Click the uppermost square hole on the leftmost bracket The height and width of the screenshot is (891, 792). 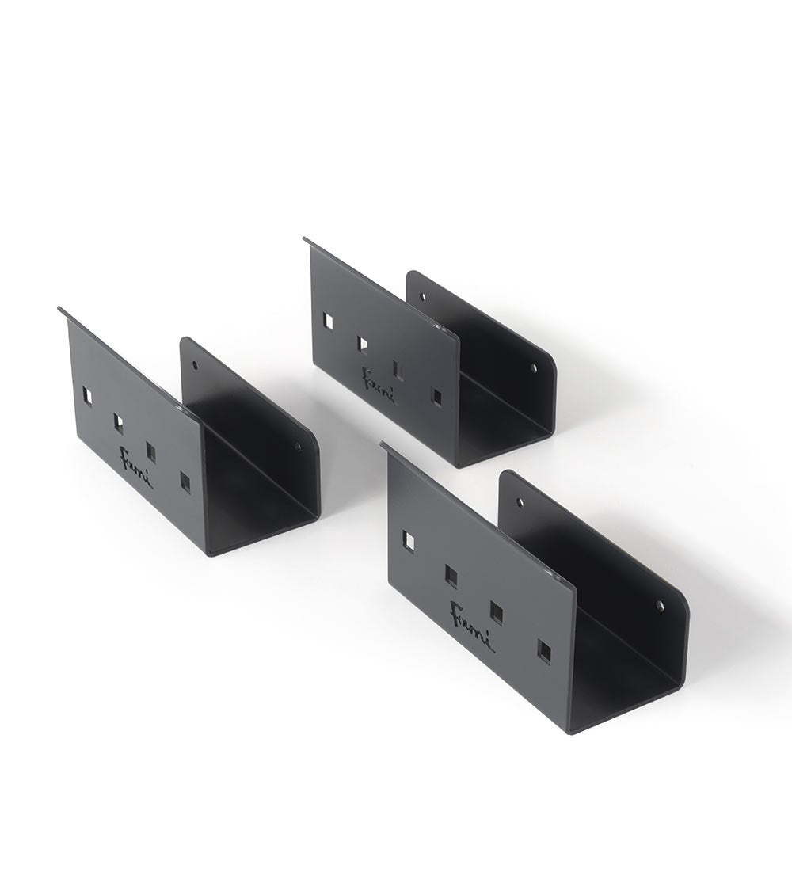click(88, 397)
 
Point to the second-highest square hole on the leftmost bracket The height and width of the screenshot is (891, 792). click(118, 424)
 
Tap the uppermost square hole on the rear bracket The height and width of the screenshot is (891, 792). click(327, 321)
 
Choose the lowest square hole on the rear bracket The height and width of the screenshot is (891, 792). click(435, 395)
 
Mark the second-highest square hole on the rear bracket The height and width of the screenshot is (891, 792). click(362, 345)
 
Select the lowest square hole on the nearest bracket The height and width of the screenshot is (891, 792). click(544, 651)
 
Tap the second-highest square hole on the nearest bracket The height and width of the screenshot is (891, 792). click(451, 577)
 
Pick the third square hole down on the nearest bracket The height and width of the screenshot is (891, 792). click(497, 612)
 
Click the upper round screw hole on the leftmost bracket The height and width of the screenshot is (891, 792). click(195, 367)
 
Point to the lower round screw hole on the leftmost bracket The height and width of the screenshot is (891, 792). click(298, 447)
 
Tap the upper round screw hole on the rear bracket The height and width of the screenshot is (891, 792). click(422, 297)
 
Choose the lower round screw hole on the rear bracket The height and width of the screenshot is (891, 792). click(533, 368)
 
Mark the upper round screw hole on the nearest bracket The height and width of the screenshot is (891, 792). click(520, 502)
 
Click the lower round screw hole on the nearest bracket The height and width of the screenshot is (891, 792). click(659, 606)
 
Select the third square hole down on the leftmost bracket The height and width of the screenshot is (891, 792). click(150, 452)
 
